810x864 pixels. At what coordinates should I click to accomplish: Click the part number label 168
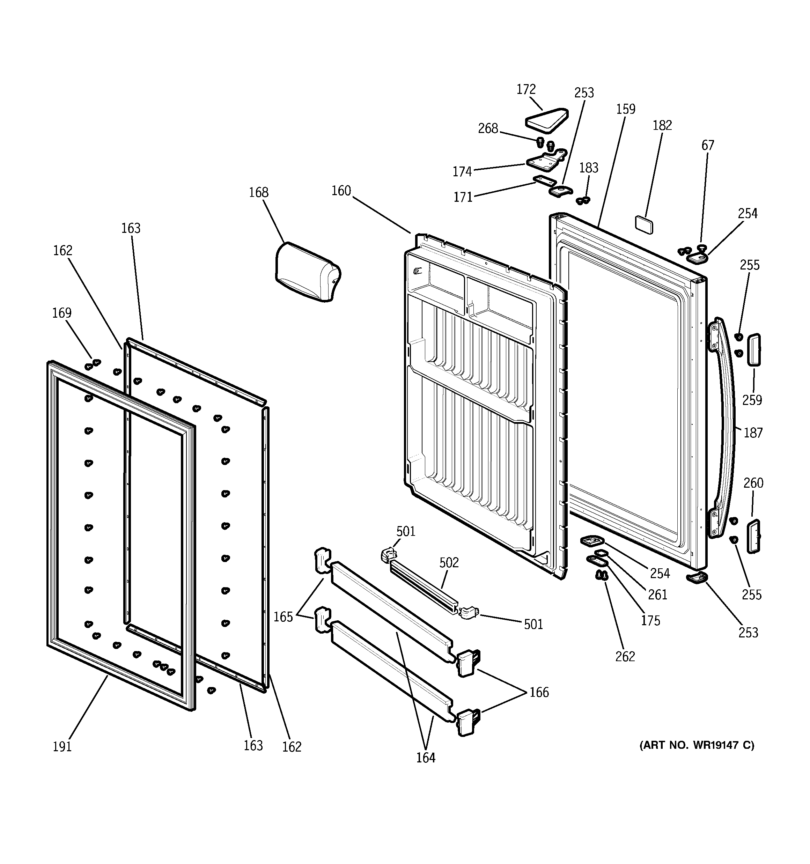click(258, 193)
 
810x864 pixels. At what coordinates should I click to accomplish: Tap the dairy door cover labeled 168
click(307, 272)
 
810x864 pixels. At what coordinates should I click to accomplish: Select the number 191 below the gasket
click(62, 747)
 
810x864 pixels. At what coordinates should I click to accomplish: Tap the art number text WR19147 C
click(697, 745)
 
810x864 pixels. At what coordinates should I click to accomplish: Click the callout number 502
click(449, 563)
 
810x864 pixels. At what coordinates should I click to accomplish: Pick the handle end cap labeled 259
click(753, 350)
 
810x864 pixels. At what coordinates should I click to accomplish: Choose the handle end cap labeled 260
click(753, 536)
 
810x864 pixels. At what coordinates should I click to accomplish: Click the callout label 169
click(62, 313)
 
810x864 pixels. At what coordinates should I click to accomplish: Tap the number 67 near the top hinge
click(707, 145)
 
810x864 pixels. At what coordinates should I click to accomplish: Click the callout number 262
click(625, 656)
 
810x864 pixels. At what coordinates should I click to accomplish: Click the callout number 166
click(539, 692)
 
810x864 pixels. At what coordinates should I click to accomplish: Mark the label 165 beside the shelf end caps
click(283, 617)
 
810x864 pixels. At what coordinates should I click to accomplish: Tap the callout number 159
click(625, 109)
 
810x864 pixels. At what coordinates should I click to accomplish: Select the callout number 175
click(650, 621)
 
